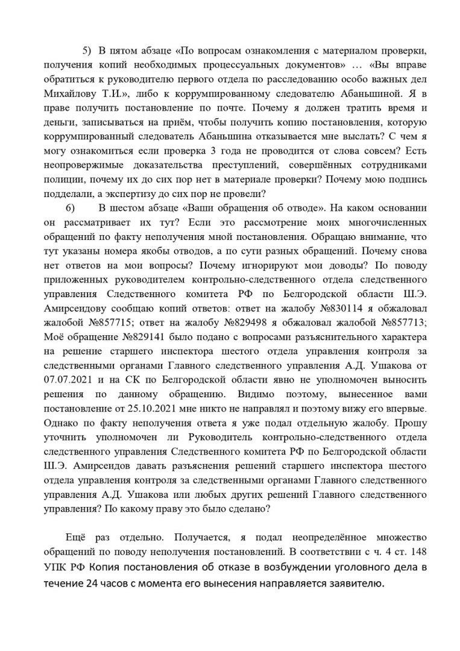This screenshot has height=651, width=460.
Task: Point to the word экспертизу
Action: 146,192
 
